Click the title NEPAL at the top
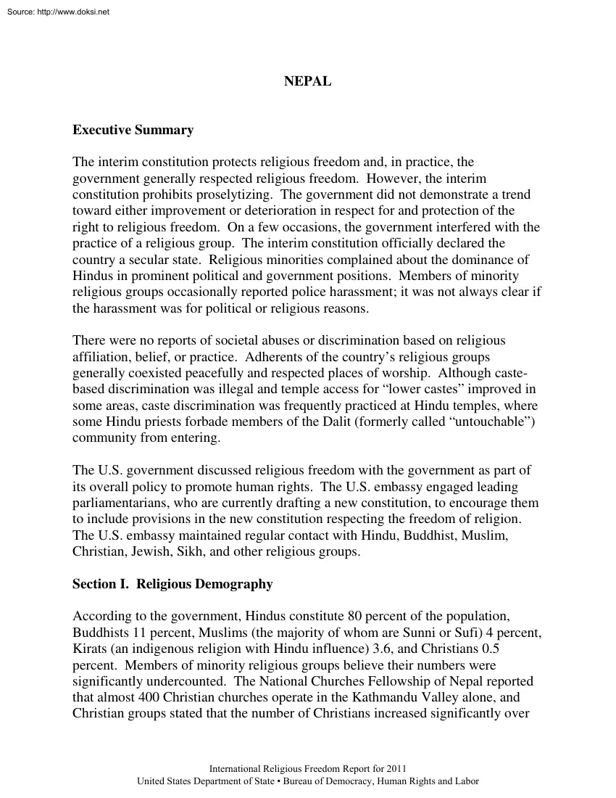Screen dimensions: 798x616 click(x=307, y=82)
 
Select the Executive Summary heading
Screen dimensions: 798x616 click(x=133, y=131)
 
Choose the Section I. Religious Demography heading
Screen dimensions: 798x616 click(x=172, y=584)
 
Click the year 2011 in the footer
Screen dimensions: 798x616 click(x=396, y=768)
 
